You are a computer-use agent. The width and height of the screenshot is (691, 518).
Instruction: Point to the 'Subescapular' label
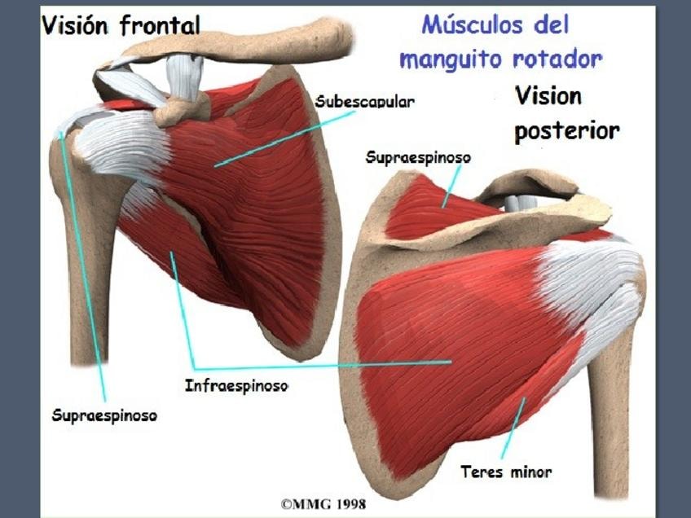365,103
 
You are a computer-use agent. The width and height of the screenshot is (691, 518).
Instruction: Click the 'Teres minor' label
506,472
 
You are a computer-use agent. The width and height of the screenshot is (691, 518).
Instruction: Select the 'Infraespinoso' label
236,385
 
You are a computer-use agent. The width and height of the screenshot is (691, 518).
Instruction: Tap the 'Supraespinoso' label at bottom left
104,415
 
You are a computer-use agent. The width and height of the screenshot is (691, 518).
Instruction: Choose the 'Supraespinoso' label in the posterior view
419,156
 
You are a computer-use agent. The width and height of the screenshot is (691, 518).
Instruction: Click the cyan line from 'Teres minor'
514,431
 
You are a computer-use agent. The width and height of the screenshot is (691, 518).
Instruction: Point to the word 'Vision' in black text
548,96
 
